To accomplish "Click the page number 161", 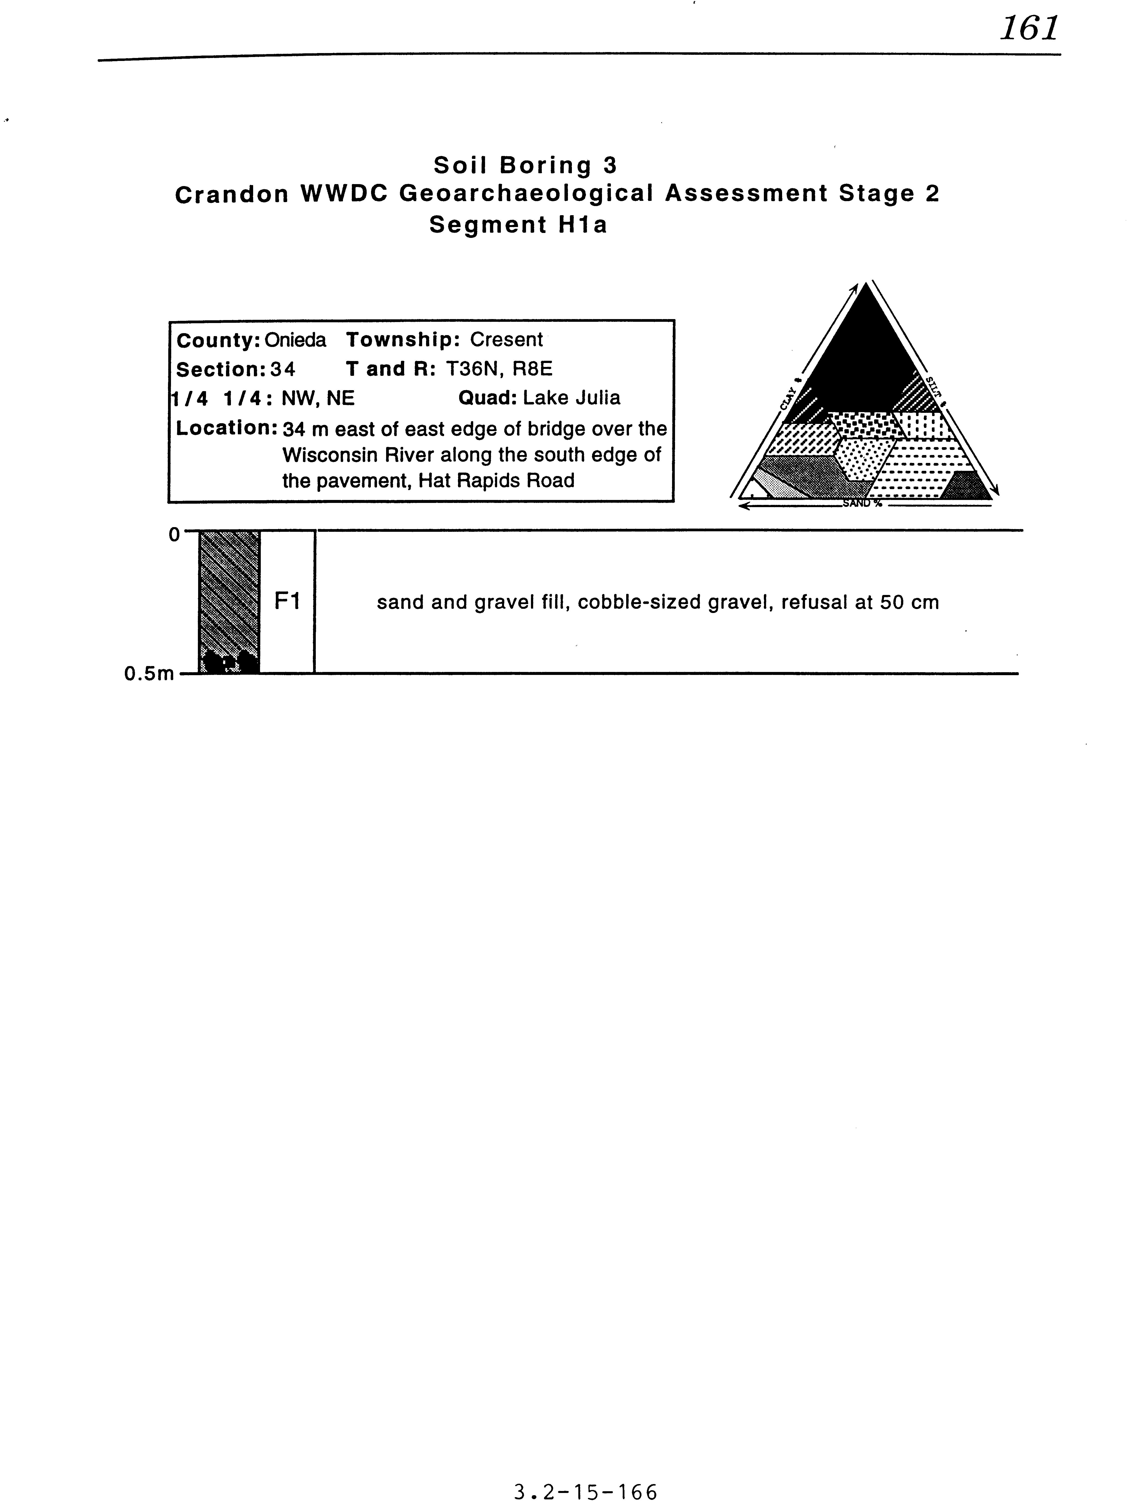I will coord(1029,29).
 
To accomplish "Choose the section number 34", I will coord(283,369).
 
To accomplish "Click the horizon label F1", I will coord(287,601).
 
